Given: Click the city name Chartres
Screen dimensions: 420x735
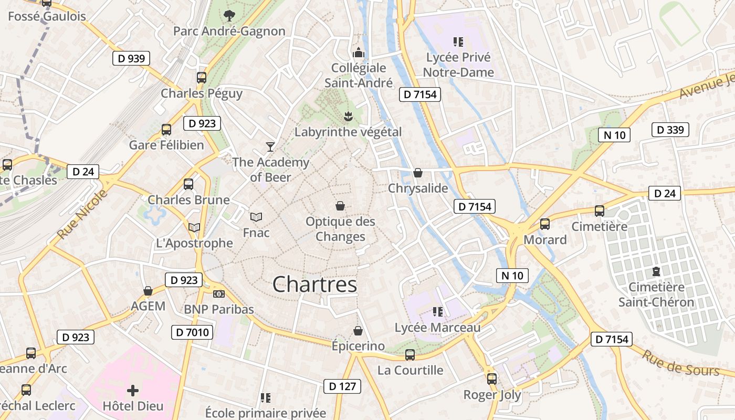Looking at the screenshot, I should click(x=314, y=285).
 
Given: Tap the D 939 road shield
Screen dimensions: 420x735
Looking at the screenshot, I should click(x=131, y=58).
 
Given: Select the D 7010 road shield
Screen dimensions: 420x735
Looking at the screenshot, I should click(x=192, y=332).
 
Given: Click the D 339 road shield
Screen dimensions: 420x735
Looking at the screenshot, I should click(x=670, y=129).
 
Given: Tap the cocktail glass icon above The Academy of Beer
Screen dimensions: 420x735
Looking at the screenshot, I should click(x=270, y=146).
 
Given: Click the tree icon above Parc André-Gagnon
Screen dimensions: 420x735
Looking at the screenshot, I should click(x=229, y=15).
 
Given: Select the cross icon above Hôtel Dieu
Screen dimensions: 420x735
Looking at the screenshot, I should click(x=133, y=390).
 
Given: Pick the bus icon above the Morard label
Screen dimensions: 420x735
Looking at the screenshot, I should click(x=545, y=224).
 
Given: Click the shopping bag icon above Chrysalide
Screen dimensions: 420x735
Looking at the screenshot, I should click(x=418, y=172).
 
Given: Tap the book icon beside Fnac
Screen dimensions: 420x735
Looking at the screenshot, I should click(x=256, y=217).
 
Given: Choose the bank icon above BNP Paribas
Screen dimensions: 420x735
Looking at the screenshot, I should click(x=219, y=294).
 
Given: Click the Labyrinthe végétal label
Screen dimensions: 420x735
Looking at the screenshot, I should click(x=348, y=132).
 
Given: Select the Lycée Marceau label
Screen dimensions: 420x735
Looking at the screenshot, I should click(x=437, y=328).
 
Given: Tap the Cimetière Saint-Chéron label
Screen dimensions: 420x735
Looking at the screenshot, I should click(x=656, y=295).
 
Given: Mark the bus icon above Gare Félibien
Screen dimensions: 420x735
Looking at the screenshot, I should click(x=166, y=129).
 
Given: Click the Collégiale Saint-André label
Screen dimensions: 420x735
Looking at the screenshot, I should click(x=359, y=75).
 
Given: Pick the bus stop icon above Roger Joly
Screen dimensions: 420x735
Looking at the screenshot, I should click(x=492, y=379).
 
